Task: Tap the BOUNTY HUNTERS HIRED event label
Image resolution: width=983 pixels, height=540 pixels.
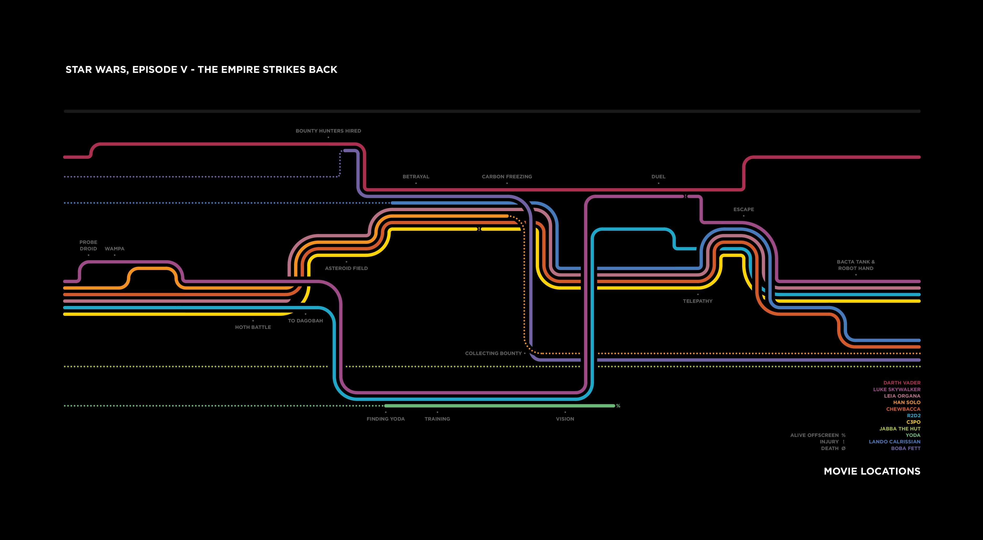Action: click(328, 131)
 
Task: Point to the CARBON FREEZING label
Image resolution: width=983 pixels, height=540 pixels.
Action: click(506, 177)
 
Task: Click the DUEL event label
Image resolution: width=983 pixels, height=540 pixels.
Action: click(658, 177)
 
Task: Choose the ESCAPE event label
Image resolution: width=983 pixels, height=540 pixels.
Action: click(743, 209)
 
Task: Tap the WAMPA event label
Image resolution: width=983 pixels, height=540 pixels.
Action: click(115, 249)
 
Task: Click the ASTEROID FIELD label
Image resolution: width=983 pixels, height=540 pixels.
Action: click(346, 268)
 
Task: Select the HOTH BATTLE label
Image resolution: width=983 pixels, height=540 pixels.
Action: click(253, 327)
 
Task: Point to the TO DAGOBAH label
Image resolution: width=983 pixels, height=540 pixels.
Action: click(305, 321)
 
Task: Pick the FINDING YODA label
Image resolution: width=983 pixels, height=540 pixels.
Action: click(385, 419)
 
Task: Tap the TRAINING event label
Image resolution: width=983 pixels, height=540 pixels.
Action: click(437, 419)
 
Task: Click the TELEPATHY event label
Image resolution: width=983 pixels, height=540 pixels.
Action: click(698, 301)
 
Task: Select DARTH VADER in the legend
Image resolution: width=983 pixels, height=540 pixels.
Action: click(902, 383)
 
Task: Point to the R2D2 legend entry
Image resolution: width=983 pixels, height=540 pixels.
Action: click(914, 416)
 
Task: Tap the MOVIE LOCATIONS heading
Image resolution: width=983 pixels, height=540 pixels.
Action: click(872, 471)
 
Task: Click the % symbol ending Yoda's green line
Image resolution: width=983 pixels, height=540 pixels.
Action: click(618, 406)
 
